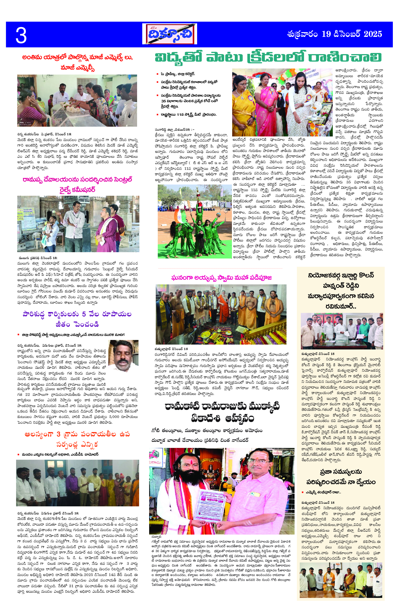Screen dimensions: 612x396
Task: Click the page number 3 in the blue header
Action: click(x=21, y=36)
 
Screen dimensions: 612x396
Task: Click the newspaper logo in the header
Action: click(x=169, y=34)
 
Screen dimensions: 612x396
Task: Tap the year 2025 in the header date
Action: click(x=372, y=34)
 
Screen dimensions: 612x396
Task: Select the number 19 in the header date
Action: click(x=326, y=34)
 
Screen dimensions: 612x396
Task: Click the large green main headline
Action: click(x=268, y=58)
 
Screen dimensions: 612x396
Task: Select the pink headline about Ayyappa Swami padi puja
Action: click(x=221, y=278)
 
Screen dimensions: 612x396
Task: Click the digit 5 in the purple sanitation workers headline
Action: click(x=84, y=314)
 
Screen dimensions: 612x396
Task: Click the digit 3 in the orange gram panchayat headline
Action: click(x=58, y=434)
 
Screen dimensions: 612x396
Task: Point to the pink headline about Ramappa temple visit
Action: click(x=77, y=185)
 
